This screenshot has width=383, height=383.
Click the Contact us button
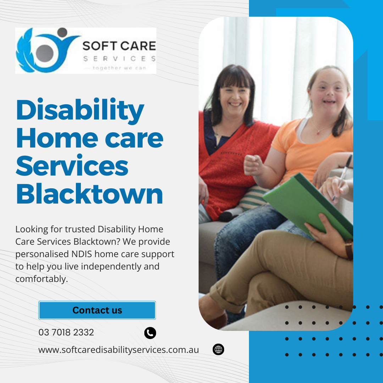coord(97,310)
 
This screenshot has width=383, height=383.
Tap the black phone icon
coord(150,333)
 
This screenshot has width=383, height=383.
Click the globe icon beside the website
coord(218,349)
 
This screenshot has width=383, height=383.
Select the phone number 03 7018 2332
coord(66,332)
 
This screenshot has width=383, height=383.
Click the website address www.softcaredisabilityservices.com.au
coord(118,350)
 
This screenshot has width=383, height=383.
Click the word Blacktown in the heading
coord(89,194)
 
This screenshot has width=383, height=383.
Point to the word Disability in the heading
coord(80,111)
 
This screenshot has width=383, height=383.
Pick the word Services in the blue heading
coord(72,166)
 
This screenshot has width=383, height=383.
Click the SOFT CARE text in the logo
coord(119,46)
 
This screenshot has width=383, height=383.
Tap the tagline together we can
coord(119,68)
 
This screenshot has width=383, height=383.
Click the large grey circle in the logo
coord(45,53)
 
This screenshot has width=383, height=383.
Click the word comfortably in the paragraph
coord(41,279)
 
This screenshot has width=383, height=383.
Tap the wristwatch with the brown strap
coord(349,249)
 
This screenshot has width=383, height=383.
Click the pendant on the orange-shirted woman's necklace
coord(318,133)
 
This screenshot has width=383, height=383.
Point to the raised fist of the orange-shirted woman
coord(253,165)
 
